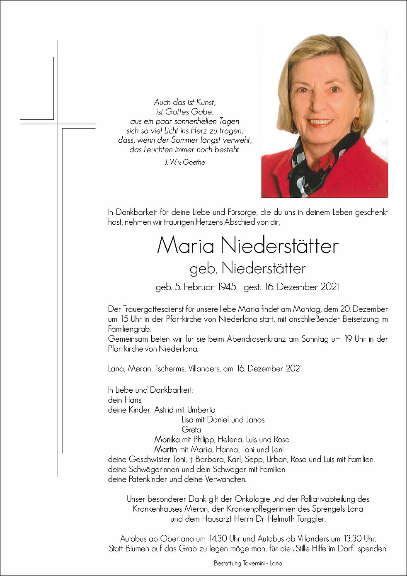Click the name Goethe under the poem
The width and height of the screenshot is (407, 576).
(194, 162)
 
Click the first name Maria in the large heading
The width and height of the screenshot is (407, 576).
(185, 245)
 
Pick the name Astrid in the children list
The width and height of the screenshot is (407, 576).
(164, 410)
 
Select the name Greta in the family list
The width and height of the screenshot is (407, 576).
(191, 430)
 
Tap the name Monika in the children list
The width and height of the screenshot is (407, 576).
(167, 440)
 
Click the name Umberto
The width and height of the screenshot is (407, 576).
(201, 410)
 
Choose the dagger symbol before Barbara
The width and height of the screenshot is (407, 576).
(191, 459)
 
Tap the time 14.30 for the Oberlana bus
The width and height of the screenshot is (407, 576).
(218, 539)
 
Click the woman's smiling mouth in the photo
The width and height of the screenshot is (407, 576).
(320, 122)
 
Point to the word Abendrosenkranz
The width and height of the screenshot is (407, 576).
(256, 339)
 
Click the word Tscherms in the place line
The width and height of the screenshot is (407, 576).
(166, 368)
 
